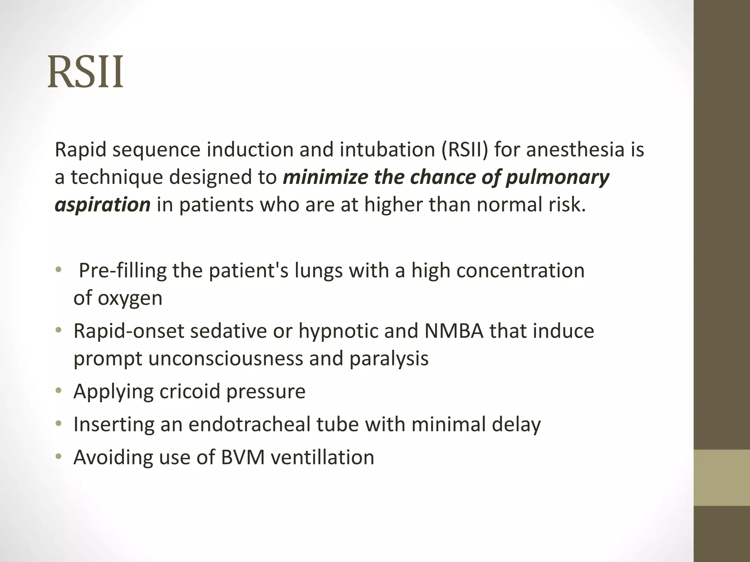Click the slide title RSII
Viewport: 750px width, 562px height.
pos(85,72)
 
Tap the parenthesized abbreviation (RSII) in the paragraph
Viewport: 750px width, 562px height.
pos(464,150)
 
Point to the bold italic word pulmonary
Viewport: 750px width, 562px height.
pos(557,177)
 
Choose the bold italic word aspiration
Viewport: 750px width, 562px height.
pos(103,205)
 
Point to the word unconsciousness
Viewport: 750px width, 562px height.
pos(226,358)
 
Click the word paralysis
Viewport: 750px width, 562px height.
pos(389,358)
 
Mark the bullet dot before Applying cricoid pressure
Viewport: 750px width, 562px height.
pos(58,391)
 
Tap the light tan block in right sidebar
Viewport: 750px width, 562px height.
pos(721,477)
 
